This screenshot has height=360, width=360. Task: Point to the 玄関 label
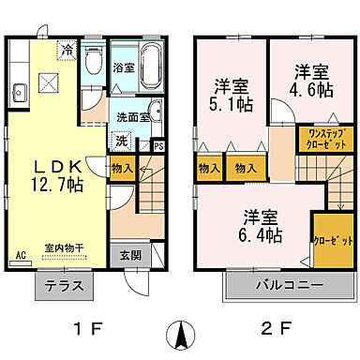tap(131, 254)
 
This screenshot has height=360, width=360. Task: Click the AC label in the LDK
tap(20, 254)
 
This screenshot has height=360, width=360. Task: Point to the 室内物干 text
tap(65, 247)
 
